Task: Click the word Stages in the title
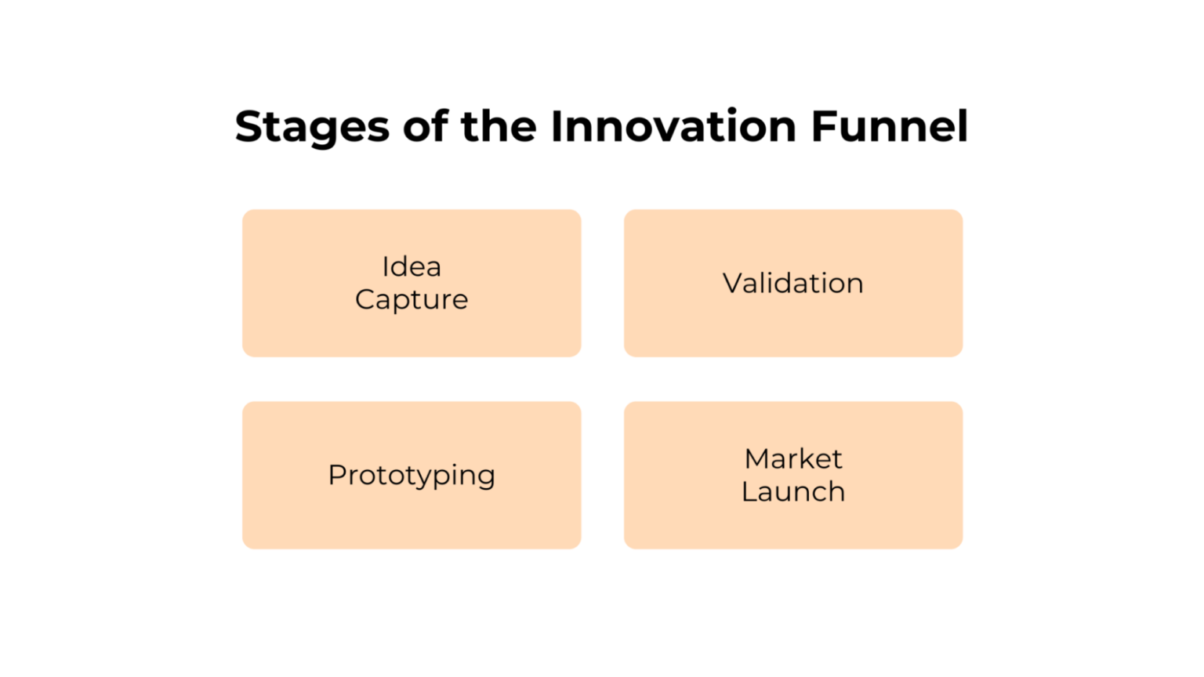[x=312, y=127]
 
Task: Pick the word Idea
[x=412, y=266]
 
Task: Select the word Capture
[x=412, y=300]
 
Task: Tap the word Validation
[x=792, y=283]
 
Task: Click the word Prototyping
[x=412, y=476]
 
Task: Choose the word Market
[x=793, y=458]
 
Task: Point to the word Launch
[x=793, y=492]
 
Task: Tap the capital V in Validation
[x=733, y=283]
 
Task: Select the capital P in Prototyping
[x=337, y=474]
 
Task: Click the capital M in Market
[x=758, y=458]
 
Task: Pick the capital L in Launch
[x=749, y=492]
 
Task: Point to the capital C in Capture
[x=366, y=299]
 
